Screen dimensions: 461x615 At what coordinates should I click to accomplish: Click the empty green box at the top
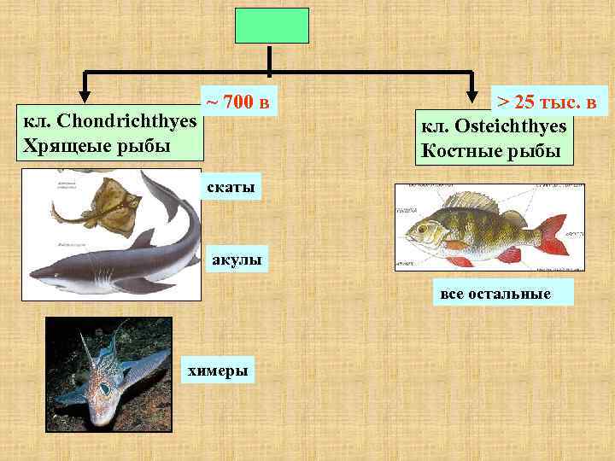(271, 26)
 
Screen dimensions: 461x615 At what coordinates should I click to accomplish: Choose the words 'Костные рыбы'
(491, 151)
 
